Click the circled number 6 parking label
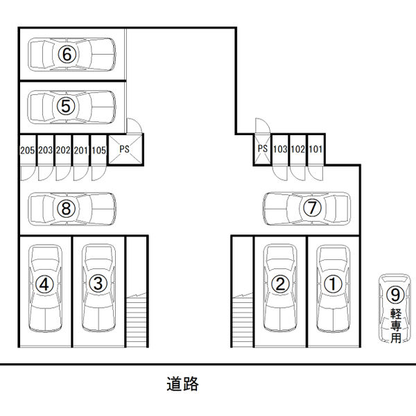coord(67,54)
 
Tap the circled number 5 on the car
coord(66,106)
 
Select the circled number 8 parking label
coord(66,208)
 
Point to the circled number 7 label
coord(312,208)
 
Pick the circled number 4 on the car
coord(44,284)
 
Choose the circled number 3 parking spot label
coord(98,284)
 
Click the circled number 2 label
coord(280,284)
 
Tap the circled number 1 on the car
coord(333,284)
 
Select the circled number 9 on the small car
coord(395,295)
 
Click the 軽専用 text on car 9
coord(396,326)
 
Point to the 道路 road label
coord(182,383)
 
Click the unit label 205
coord(28,150)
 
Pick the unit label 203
coord(46,150)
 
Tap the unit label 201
coord(81,150)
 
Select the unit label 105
coord(99,150)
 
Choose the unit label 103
coord(280,149)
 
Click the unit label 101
coord(315,149)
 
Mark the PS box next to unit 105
coord(125,149)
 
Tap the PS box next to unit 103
coord(263,149)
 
